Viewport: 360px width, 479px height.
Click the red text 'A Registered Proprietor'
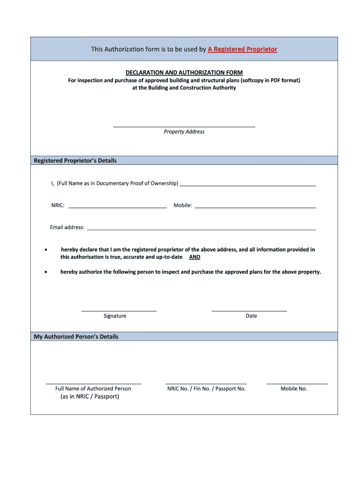[242, 49]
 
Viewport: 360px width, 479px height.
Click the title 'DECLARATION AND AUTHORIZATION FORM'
[184, 73]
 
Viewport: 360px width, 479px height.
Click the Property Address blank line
[184, 126]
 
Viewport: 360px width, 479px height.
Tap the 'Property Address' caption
[184, 132]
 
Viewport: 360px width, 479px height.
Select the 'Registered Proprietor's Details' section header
[75, 160]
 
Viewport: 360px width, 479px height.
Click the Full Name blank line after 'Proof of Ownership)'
[248, 185]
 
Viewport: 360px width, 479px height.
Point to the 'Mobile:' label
[183, 205]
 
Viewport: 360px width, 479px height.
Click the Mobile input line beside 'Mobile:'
[255, 207]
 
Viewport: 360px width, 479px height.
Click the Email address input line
[201, 229]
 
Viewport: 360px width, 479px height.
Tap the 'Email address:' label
[67, 227]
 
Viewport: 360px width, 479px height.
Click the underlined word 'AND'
[194, 257]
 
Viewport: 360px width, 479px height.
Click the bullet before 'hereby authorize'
[46, 272]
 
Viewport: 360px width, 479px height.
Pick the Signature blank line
[119, 311]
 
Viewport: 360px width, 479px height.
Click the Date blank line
[249, 311]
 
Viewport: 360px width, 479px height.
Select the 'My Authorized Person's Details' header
[76, 337]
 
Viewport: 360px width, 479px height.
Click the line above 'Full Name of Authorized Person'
[94, 384]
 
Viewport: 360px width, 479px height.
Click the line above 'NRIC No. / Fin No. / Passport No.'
[206, 384]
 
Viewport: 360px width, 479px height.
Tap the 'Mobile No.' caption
[294, 389]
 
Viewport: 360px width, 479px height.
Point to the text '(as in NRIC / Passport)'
[90, 397]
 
